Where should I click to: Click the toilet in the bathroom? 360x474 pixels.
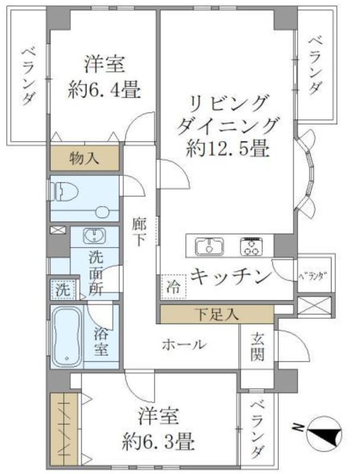tap(65, 191)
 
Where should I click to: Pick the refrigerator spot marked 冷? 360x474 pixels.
tap(173, 287)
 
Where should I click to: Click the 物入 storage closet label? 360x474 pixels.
tap(84, 158)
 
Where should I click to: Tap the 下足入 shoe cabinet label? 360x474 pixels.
tap(216, 315)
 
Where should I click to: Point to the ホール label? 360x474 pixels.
tap(184, 345)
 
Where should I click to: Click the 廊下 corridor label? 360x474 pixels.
tap(139, 232)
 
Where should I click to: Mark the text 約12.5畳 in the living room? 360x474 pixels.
tap(228, 149)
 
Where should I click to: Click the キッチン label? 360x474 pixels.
tap(231, 277)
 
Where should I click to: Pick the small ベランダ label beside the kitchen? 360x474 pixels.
tap(314, 277)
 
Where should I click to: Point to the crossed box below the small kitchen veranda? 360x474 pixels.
tap(314, 306)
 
